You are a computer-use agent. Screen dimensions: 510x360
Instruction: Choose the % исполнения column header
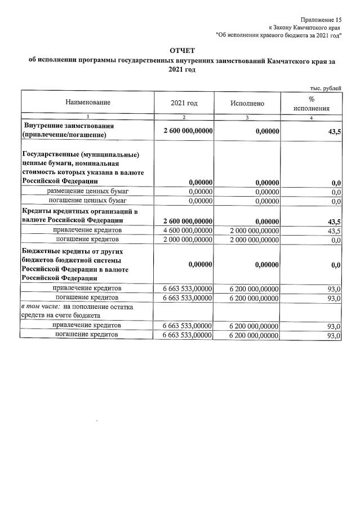pyautogui.click(x=311, y=103)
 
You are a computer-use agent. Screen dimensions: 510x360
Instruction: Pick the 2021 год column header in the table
pyautogui.click(x=184, y=103)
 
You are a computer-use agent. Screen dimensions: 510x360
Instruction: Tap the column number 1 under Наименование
pyautogui.click(x=87, y=117)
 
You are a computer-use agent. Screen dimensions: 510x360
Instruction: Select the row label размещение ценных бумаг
pyautogui.click(x=87, y=191)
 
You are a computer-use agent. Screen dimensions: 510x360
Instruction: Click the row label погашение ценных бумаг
pyautogui.click(x=87, y=200)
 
